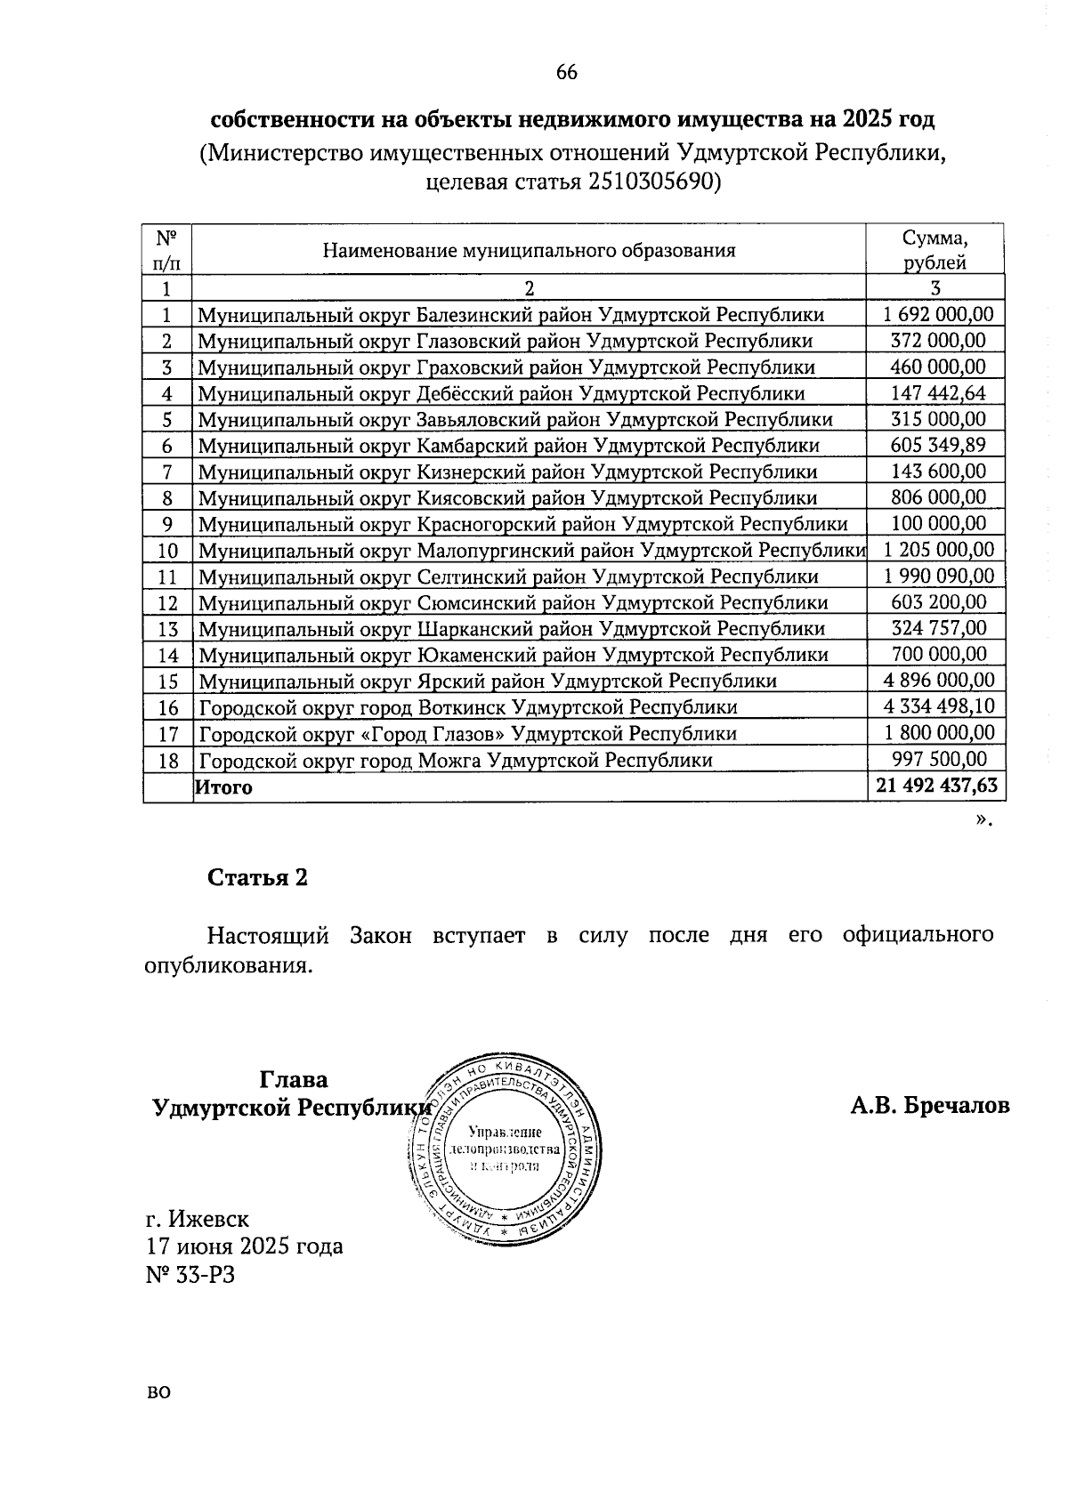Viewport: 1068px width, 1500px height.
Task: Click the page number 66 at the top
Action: coord(566,73)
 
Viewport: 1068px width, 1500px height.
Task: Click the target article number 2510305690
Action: coord(650,183)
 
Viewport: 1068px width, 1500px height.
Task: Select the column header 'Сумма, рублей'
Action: coord(934,250)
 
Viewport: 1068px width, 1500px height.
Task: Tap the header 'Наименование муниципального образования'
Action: coord(529,250)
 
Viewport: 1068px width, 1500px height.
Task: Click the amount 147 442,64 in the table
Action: coord(938,393)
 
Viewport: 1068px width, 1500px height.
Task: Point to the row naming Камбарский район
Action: coord(508,446)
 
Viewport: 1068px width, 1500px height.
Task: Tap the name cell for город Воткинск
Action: coord(468,708)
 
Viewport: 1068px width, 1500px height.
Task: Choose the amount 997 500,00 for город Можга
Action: coord(938,759)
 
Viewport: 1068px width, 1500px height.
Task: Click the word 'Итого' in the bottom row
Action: coord(224,787)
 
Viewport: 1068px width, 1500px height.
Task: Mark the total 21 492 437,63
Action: coord(936,786)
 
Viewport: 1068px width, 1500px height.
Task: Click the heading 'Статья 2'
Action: coord(257,878)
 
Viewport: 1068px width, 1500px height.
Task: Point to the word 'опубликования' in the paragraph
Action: coord(228,966)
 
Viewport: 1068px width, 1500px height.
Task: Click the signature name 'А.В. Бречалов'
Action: coord(930,1106)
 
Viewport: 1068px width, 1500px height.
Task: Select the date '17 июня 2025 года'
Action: coord(245,1246)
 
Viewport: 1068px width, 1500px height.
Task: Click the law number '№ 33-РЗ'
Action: coord(190,1275)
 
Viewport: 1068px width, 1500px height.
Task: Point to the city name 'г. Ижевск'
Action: coord(198,1218)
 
